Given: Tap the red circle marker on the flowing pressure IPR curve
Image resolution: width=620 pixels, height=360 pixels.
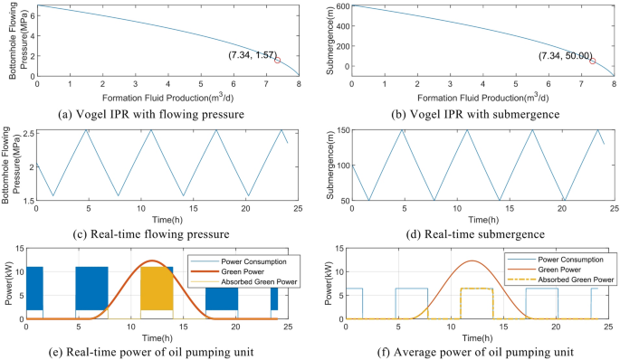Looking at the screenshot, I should [x=278, y=60].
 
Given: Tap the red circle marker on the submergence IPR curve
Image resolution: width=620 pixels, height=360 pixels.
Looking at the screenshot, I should [x=592, y=61].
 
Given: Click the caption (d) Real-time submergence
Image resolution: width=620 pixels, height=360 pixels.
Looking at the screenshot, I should [x=469, y=229].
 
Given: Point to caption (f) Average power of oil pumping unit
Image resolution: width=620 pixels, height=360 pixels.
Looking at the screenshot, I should [x=469, y=350].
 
